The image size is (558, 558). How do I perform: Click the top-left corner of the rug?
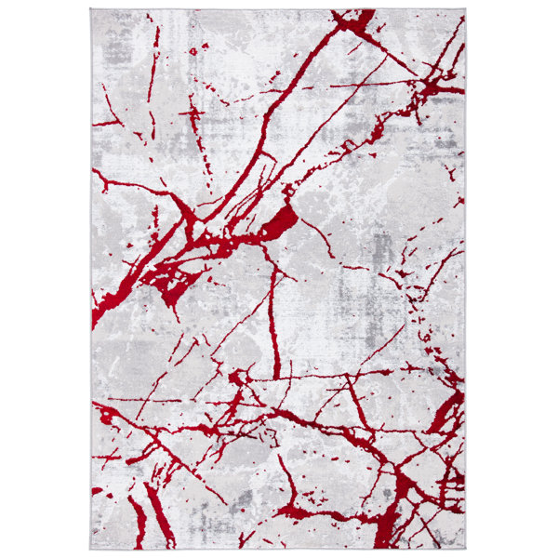pos(91,10)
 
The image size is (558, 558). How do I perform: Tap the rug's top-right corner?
pos(465,10)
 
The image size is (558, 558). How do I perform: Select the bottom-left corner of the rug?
pos(91,548)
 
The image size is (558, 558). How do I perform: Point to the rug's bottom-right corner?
pos(465,548)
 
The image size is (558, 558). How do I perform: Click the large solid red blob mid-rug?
pos(283,221)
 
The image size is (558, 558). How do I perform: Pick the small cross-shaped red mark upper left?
pos(194,113)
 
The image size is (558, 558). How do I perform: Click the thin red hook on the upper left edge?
pos(104,121)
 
